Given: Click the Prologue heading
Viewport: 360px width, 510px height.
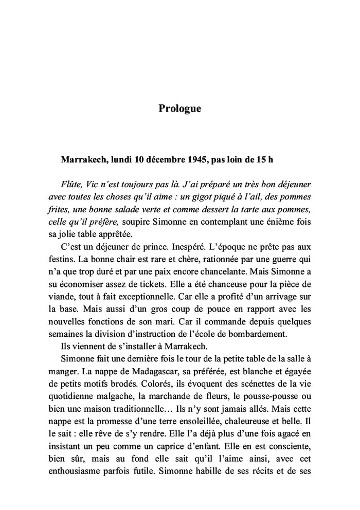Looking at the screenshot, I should coord(179,109).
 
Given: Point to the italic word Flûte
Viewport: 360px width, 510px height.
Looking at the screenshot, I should coord(71,184).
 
